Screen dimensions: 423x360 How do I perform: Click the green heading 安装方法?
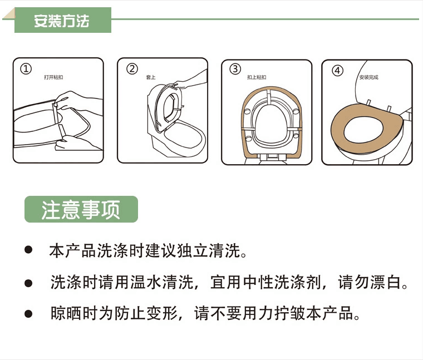(x=62, y=21)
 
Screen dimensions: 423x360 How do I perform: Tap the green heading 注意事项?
(x=81, y=210)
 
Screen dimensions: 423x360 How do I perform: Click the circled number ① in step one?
(x=26, y=69)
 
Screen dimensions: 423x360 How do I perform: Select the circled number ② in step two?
(x=132, y=69)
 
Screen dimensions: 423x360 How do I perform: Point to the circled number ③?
(x=235, y=69)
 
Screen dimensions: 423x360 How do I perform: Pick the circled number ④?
(x=337, y=71)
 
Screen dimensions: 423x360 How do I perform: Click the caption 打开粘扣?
(x=53, y=77)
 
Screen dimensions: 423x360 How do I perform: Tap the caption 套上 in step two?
(x=151, y=77)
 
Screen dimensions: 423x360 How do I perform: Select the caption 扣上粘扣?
(x=257, y=77)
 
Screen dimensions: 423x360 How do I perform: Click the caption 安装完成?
(x=368, y=77)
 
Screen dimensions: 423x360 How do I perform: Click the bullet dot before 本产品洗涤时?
(x=28, y=250)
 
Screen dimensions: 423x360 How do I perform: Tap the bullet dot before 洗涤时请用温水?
(x=28, y=283)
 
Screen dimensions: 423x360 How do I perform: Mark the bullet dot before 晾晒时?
(x=28, y=314)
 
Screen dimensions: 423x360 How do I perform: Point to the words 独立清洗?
(x=209, y=250)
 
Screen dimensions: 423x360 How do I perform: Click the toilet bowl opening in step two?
(x=184, y=137)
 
